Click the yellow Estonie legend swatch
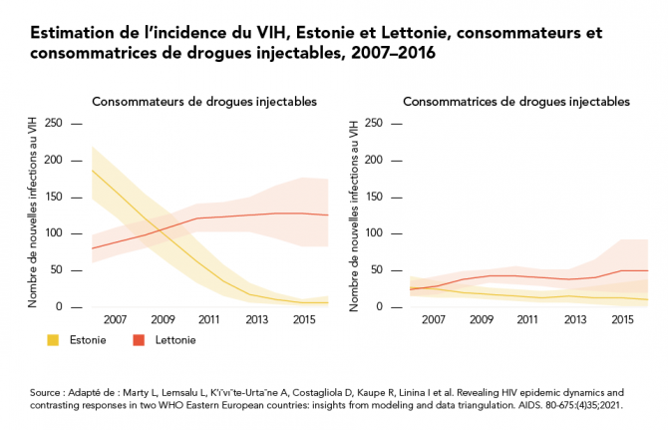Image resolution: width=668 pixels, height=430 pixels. coord(55,340)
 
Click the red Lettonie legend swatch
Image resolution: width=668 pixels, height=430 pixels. coord(140,340)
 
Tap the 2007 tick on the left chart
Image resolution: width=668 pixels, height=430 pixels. coord(114,319)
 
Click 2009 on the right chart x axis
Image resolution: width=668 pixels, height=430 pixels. coord(482,319)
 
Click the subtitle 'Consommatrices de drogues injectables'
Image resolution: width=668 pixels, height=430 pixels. coord(516,102)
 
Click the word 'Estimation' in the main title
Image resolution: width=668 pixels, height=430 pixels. coord(73,33)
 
